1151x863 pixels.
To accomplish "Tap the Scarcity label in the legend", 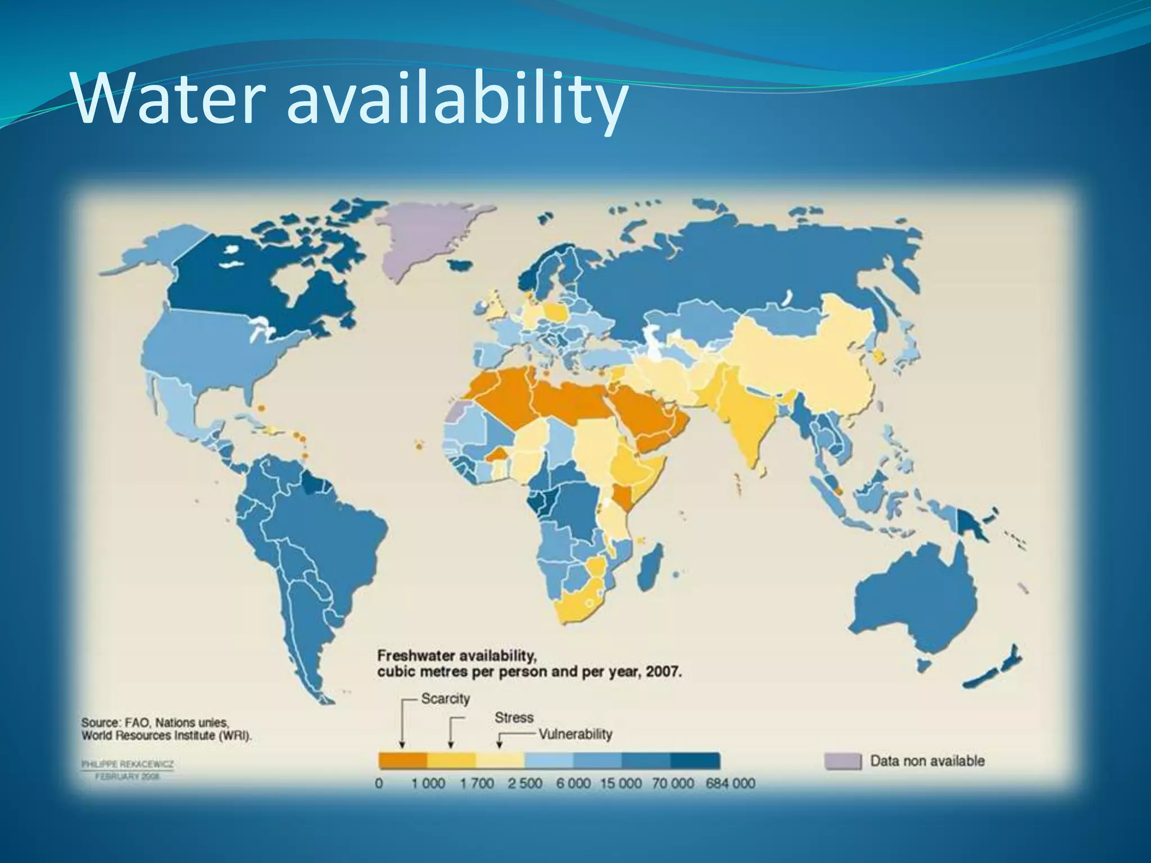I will click(445, 699).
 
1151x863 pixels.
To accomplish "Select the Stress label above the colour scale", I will click(514, 717).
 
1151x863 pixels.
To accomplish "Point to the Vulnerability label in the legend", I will click(575, 734).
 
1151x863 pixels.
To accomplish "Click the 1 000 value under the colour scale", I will click(428, 783).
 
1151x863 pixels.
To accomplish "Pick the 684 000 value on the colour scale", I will click(730, 783).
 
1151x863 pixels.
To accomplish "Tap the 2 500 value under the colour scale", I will click(525, 783).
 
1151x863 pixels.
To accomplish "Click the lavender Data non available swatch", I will click(842, 761).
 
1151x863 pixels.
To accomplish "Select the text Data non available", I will click(927, 761).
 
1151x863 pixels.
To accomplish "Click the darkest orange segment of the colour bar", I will click(402, 761).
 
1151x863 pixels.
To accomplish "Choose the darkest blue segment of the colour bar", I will click(695, 761).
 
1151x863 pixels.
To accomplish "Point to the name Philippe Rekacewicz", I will click(128, 765).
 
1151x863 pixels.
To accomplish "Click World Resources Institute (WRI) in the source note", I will click(166, 736).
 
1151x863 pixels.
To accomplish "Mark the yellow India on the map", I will click(747, 416).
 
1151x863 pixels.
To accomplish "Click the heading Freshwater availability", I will click(455, 656).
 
